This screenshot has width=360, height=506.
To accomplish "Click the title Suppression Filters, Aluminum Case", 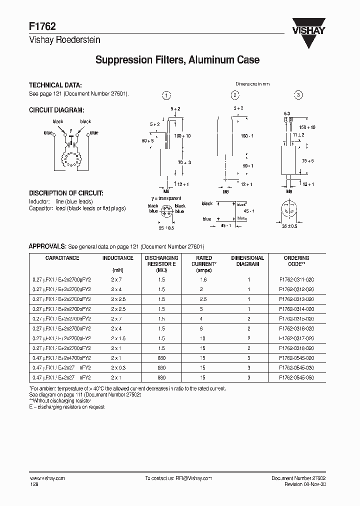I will click(177, 60).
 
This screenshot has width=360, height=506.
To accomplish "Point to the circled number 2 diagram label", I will click(234, 95).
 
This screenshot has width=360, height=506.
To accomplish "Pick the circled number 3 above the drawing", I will click(298, 95).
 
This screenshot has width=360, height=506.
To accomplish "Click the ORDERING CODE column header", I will click(296, 261).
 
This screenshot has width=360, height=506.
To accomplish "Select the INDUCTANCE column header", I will click(118, 258).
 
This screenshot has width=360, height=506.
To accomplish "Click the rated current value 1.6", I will click(203, 279).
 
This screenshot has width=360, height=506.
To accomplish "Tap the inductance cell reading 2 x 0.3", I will click(118, 368).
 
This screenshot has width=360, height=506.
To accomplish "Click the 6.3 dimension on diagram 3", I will click(287, 113).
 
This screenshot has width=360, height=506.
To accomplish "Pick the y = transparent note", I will click(166, 198).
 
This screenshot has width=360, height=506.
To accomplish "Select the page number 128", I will click(33, 484).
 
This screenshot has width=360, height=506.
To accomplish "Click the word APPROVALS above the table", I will click(47, 246).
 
